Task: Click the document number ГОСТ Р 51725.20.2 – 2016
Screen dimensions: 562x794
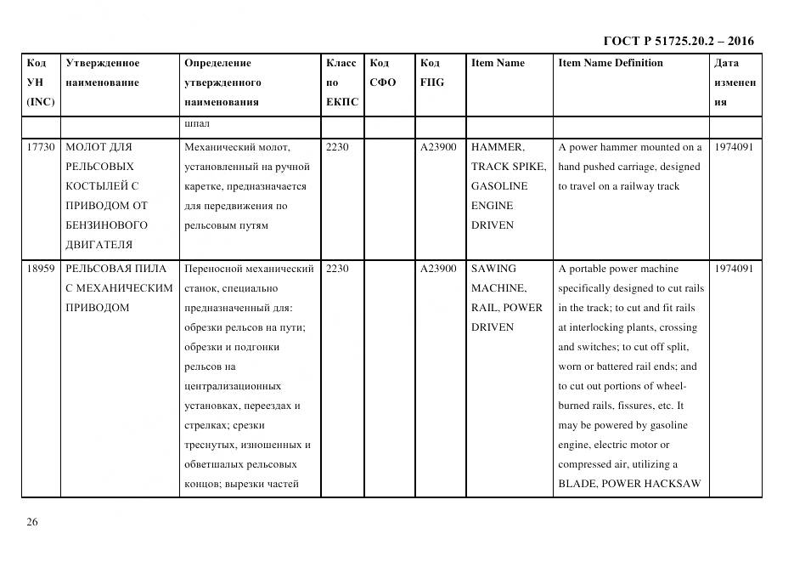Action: [678, 41]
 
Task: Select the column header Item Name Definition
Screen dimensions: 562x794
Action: [610, 63]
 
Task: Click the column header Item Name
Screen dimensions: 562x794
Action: [498, 63]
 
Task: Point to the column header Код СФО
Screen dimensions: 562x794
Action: [383, 73]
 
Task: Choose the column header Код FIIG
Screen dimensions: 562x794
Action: [431, 73]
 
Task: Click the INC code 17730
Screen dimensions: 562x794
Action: [41, 147]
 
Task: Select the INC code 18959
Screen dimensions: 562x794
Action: [41, 269]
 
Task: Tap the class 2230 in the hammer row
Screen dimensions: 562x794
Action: [337, 147]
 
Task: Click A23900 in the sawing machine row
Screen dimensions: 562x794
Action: [438, 269]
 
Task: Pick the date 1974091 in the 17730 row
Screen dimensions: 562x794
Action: [734, 147]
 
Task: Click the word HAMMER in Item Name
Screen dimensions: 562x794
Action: [497, 147]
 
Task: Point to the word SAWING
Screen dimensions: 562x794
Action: [493, 269]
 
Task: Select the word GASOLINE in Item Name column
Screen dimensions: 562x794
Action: [499, 186]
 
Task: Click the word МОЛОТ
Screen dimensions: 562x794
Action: [87, 147]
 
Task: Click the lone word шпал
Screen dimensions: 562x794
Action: [195, 123]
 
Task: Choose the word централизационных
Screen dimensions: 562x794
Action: [229, 386]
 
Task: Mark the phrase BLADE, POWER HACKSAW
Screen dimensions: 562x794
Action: [629, 484]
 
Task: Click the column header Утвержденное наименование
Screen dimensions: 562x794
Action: [103, 73]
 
